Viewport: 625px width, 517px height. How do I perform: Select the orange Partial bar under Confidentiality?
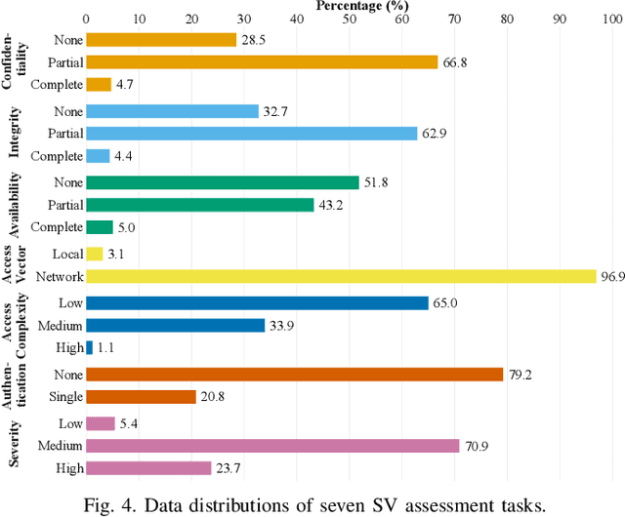pyautogui.click(x=261, y=61)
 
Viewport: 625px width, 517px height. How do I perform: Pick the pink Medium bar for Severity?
pyautogui.click(x=272, y=446)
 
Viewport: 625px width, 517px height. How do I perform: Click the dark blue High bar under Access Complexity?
pyautogui.click(x=89, y=347)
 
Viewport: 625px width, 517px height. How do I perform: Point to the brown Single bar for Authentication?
pyautogui.click(x=141, y=397)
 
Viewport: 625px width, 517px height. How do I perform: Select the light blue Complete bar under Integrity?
pyautogui.click(x=98, y=156)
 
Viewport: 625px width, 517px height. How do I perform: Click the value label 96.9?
pyautogui.click(x=612, y=277)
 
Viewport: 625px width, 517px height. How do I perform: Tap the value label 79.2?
pyautogui.click(x=519, y=374)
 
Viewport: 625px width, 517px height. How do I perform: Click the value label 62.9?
pyautogui.click(x=433, y=134)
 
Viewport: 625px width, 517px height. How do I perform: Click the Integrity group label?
pyautogui.click(x=16, y=134)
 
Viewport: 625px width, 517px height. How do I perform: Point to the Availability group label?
pyautogui.click(x=16, y=205)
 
